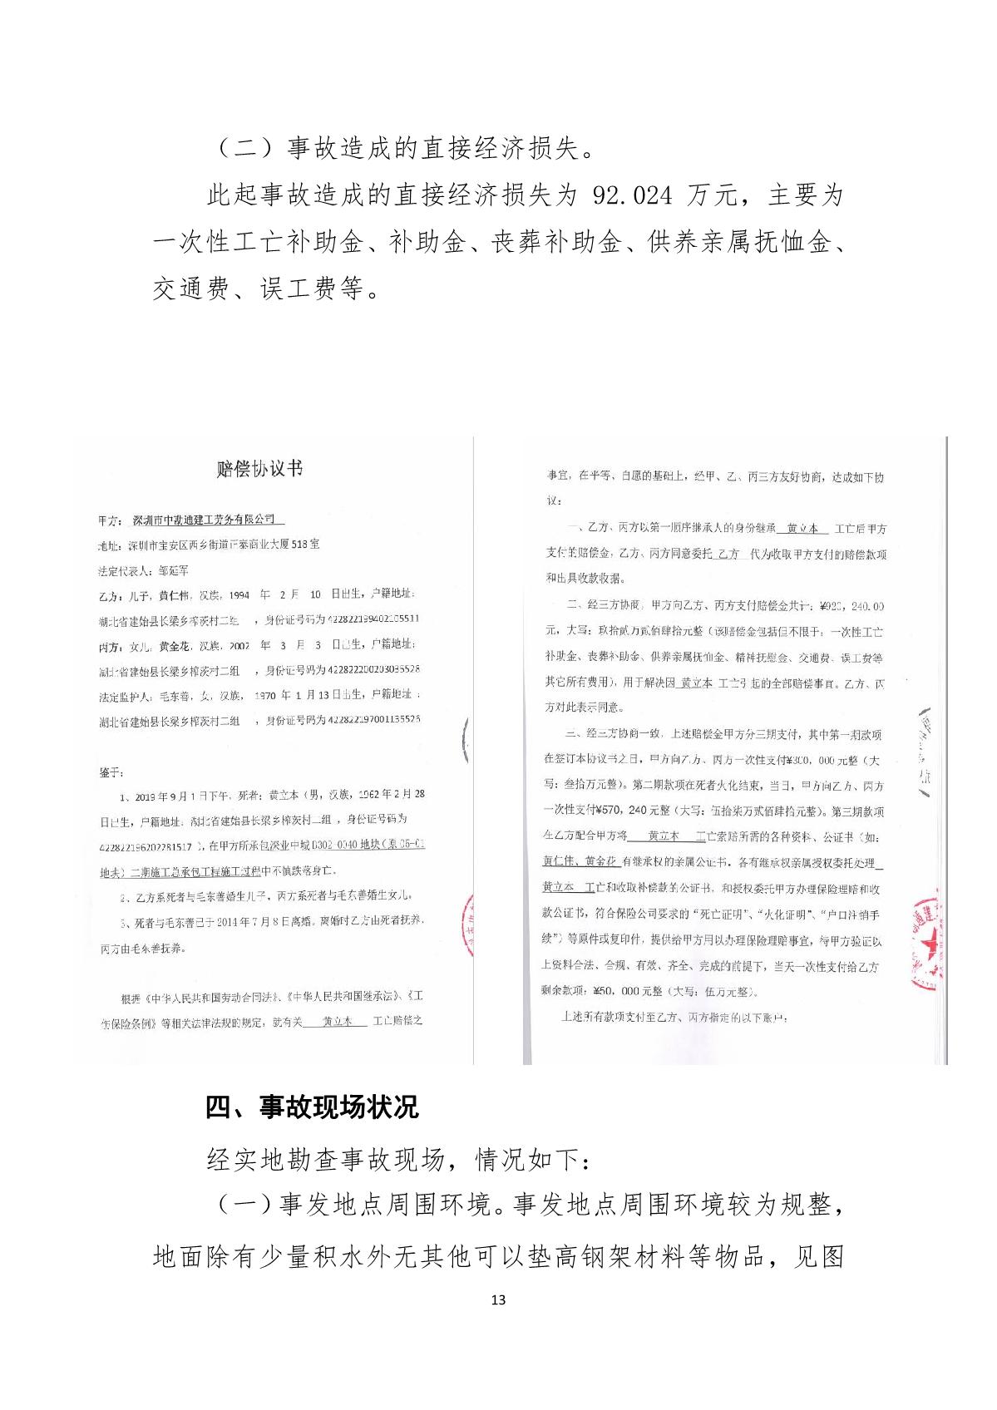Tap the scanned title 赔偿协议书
259,469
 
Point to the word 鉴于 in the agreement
111,772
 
